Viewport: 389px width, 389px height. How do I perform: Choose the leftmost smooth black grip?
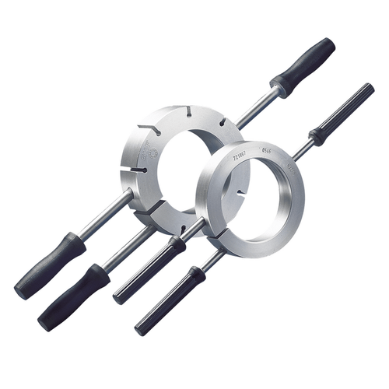[x=51, y=265]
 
